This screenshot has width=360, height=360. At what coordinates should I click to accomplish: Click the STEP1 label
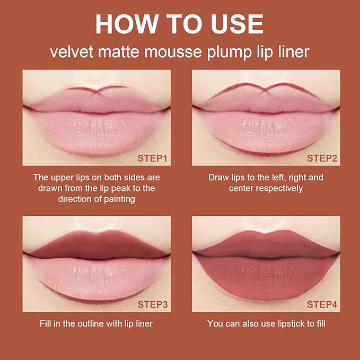click(x=152, y=158)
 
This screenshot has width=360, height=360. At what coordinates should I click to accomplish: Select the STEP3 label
click(x=152, y=304)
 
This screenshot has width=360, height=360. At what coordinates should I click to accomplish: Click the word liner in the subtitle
click(x=292, y=53)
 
